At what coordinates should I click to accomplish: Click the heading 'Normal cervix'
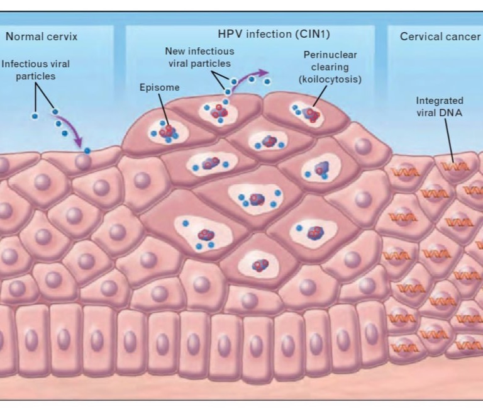[42, 36]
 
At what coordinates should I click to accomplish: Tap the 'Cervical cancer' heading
[440, 36]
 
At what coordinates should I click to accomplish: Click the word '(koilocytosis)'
[330, 79]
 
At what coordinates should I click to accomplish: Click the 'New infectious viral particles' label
[198, 57]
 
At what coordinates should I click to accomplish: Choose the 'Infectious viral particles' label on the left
[36, 70]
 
